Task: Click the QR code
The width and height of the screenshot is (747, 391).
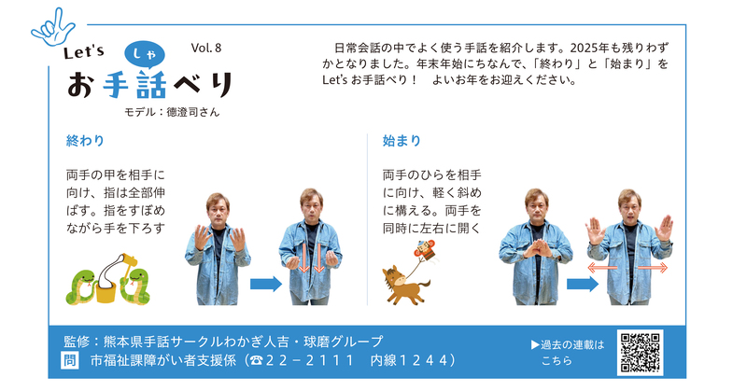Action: click(640, 352)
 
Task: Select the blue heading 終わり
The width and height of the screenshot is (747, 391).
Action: click(85, 141)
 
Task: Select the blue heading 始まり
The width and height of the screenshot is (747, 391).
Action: click(402, 141)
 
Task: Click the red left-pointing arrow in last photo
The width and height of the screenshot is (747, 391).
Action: click(602, 268)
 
